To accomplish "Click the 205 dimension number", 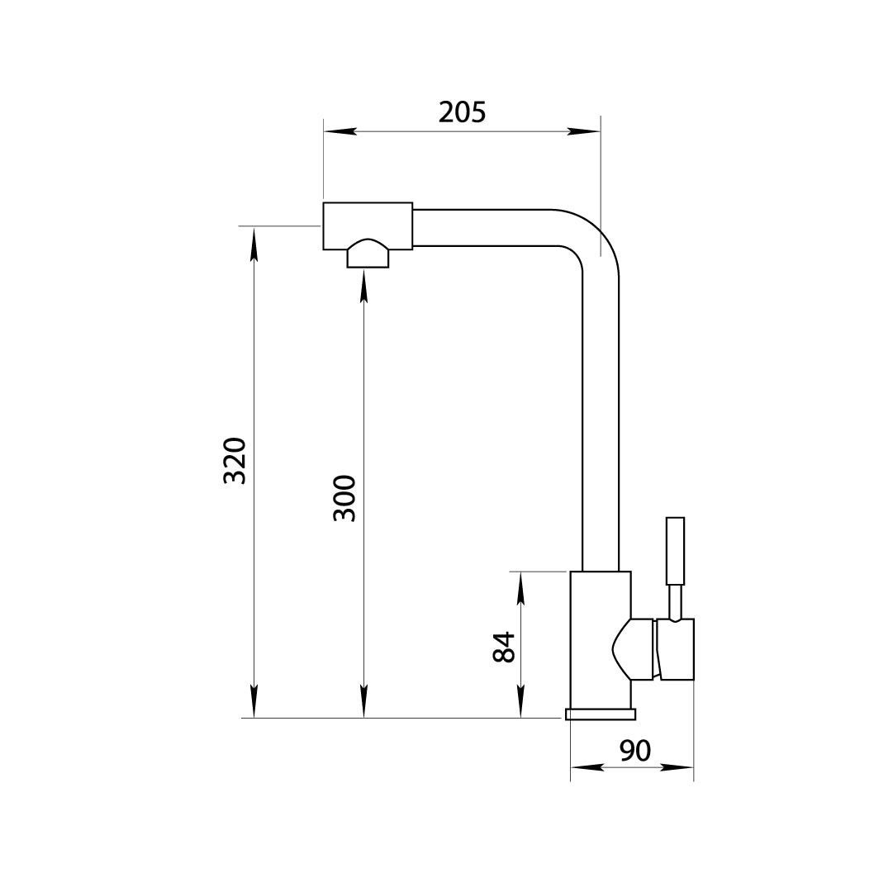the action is pos(462,112).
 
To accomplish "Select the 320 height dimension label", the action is pos(234,461).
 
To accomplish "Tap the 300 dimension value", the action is pos(344,498).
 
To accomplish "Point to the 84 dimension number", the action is pos(503,647).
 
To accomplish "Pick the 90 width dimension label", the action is pos(635,750).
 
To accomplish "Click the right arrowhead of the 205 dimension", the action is pos(584,131).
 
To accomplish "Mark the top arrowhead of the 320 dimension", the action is pos(254,243).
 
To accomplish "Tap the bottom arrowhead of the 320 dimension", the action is pos(254,701).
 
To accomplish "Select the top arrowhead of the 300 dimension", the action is pos(364,287).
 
